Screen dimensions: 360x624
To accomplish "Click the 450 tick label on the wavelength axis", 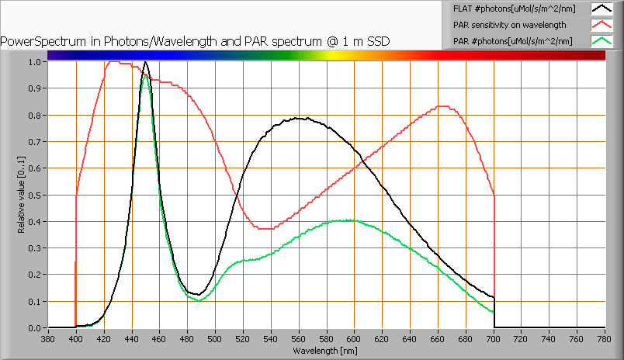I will coord(146,338).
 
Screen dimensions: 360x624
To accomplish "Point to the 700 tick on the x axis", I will coord(494,338).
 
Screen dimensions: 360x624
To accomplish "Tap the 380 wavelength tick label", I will coord(48,338).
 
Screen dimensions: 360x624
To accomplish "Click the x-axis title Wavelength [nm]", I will coord(326,351).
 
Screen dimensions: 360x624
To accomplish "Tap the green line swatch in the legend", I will coord(601,40).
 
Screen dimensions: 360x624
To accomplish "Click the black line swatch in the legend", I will coord(601,9).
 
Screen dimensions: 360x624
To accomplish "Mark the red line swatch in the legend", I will coord(601,25).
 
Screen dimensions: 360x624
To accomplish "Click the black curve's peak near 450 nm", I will coord(146,62).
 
